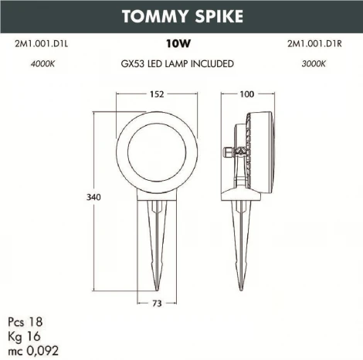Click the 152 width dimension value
click(157, 94)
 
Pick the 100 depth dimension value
click(247, 94)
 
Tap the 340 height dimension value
click(93, 198)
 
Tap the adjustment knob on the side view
click(229, 152)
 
